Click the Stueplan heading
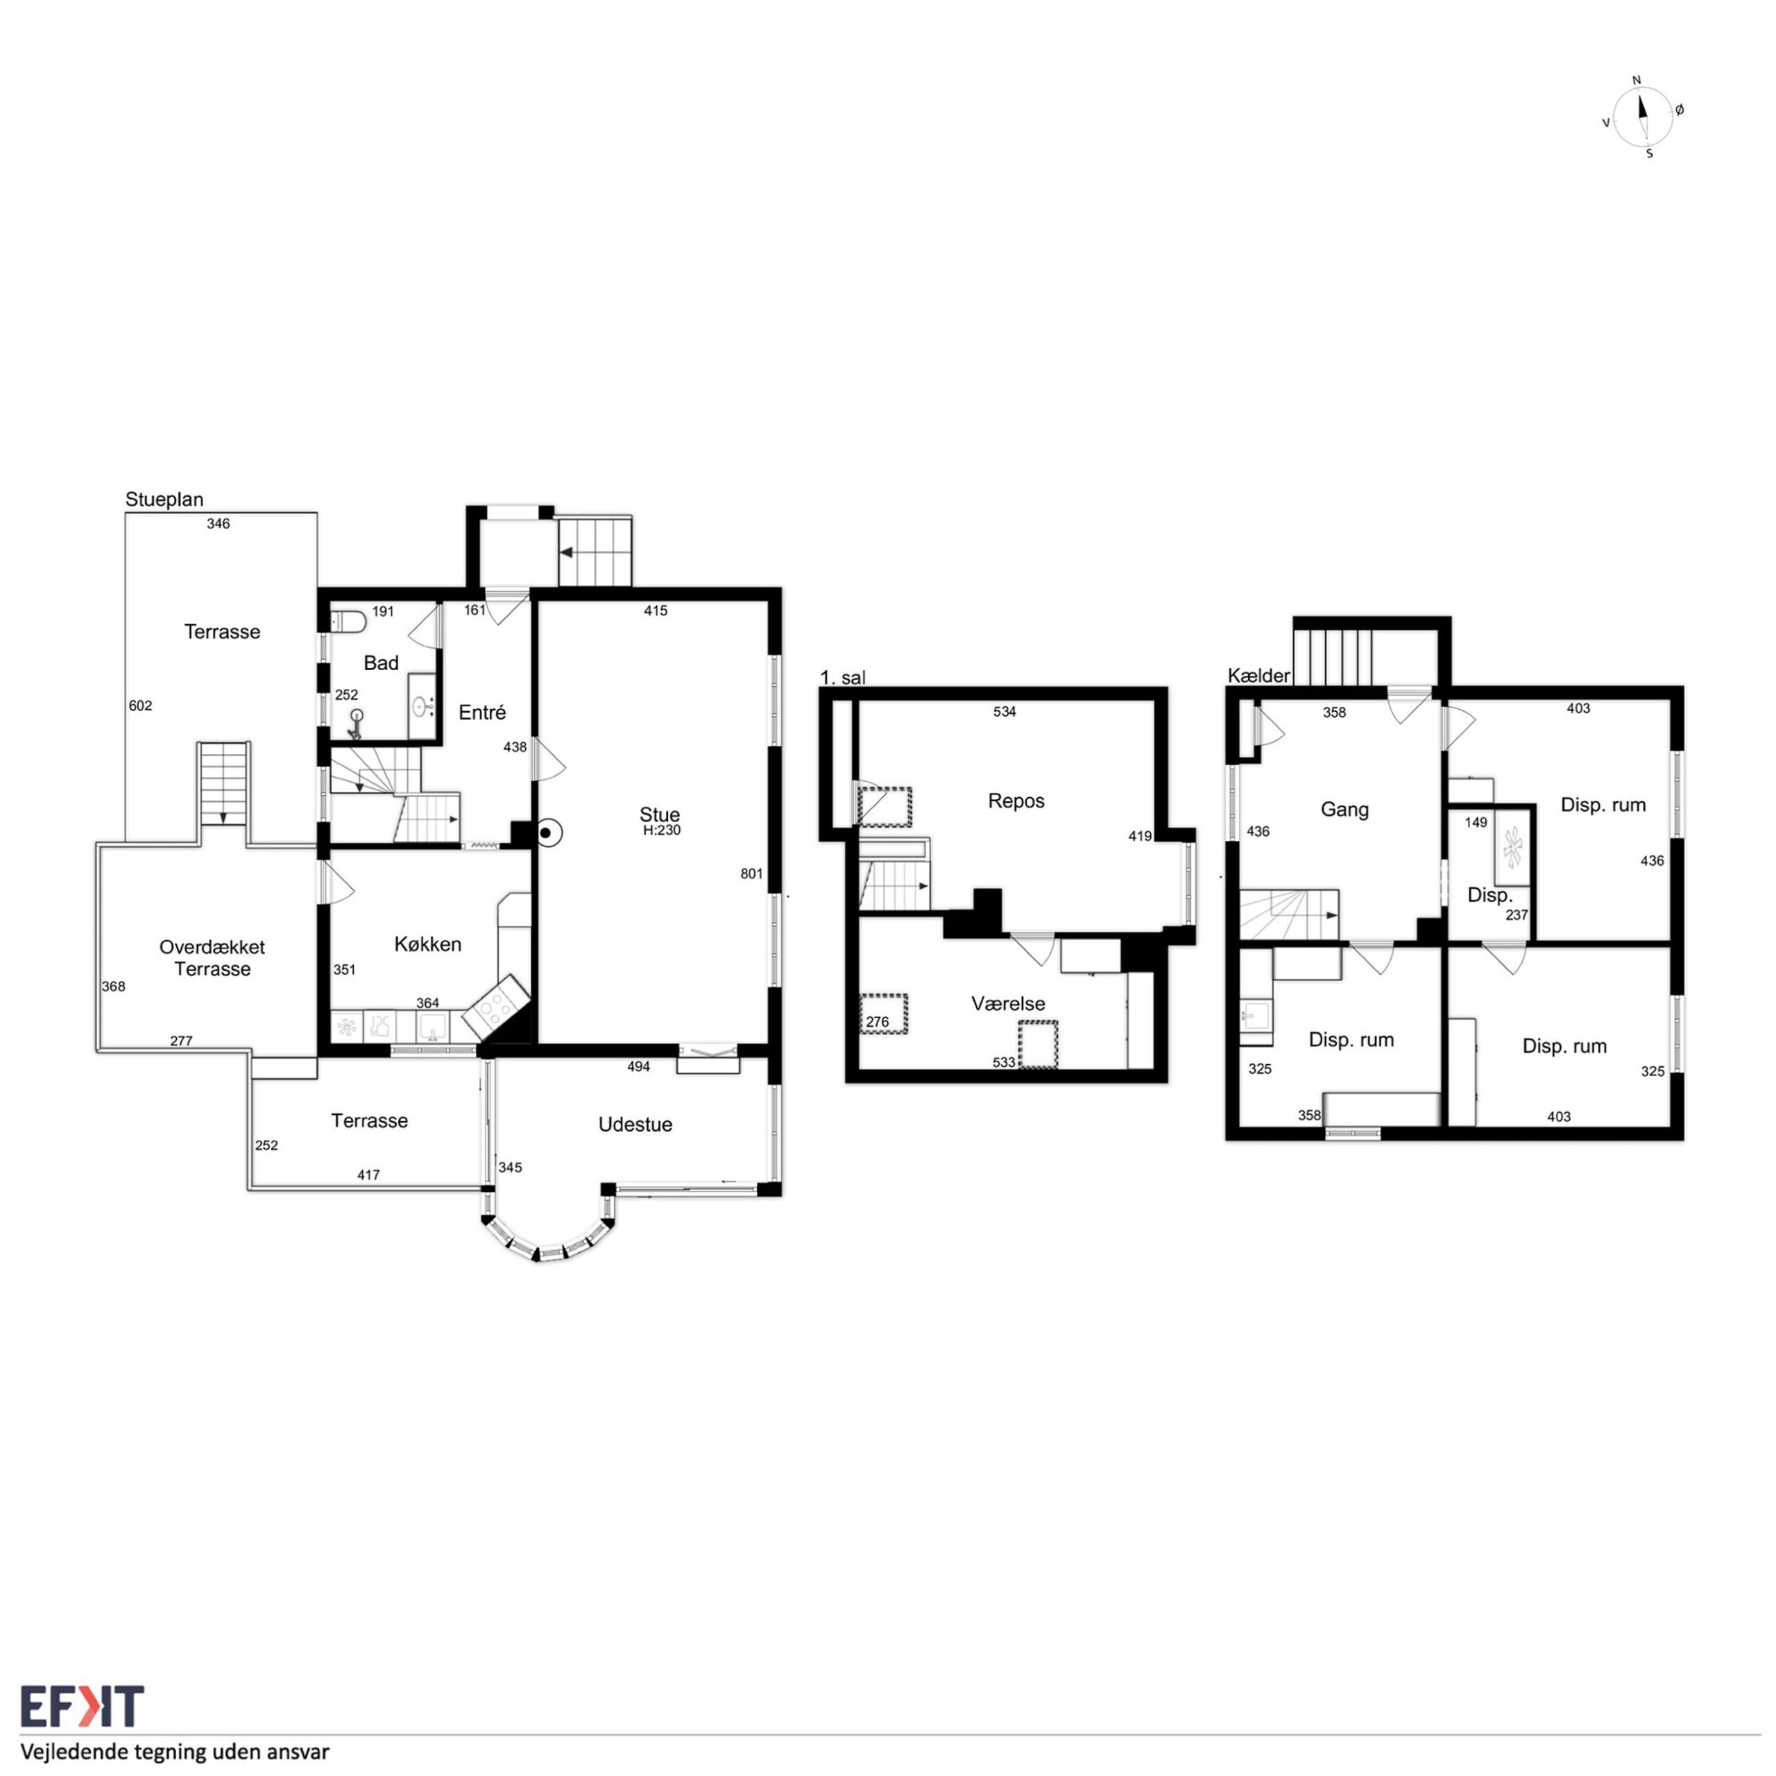point(164,500)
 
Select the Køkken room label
point(427,945)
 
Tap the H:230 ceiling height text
point(662,831)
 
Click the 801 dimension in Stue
point(752,874)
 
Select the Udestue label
point(635,1125)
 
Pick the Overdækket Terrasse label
point(212,958)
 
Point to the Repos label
point(1016,801)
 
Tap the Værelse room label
point(1009,1004)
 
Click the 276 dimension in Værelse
point(878,1022)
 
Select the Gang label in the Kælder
point(1345,810)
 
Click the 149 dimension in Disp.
point(1476,823)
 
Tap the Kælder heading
point(1259,676)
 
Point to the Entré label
point(483,712)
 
